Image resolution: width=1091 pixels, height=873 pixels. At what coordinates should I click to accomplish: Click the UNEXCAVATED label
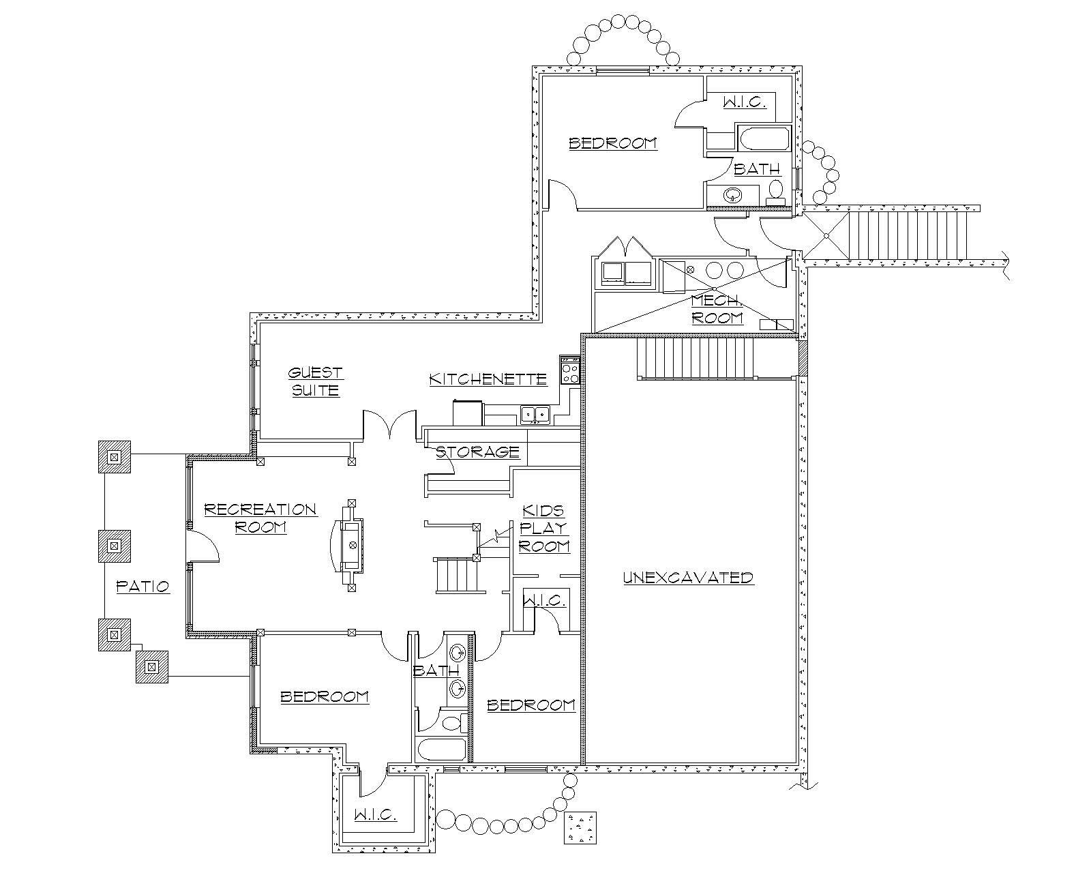pyautogui.click(x=688, y=578)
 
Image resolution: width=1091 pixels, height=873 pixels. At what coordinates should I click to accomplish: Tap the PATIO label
pyautogui.click(x=143, y=586)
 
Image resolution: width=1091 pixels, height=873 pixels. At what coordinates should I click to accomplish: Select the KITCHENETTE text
pyautogui.click(x=488, y=379)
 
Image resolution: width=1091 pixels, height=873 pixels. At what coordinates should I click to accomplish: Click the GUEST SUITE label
pyautogui.click(x=314, y=382)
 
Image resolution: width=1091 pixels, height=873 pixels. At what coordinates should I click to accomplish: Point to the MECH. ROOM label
pyautogui.click(x=716, y=310)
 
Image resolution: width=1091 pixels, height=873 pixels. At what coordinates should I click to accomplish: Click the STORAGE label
pyautogui.click(x=477, y=452)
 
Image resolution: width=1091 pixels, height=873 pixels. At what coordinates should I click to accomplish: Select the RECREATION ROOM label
pyautogui.click(x=260, y=518)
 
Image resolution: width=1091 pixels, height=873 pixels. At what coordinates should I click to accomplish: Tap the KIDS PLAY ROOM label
pyautogui.click(x=543, y=529)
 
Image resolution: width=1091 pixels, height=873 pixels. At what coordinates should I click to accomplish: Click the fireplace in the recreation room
pyautogui.click(x=351, y=545)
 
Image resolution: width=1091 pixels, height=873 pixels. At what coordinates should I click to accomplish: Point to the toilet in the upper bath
pyautogui.click(x=775, y=188)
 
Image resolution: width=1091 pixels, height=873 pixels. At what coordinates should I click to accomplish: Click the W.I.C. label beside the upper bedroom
pyautogui.click(x=744, y=102)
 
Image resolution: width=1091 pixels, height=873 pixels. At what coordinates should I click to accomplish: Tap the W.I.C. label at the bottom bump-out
pyautogui.click(x=375, y=816)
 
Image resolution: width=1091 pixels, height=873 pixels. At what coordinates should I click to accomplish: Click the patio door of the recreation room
pyautogui.click(x=203, y=546)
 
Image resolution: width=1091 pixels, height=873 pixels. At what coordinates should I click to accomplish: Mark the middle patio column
pyautogui.click(x=115, y=546)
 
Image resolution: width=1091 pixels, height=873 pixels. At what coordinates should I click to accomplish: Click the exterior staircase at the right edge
pyautogui.click(x=907, y=235)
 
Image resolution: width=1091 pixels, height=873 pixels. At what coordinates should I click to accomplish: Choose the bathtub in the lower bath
pyautogui.click(x=442, y=750)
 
